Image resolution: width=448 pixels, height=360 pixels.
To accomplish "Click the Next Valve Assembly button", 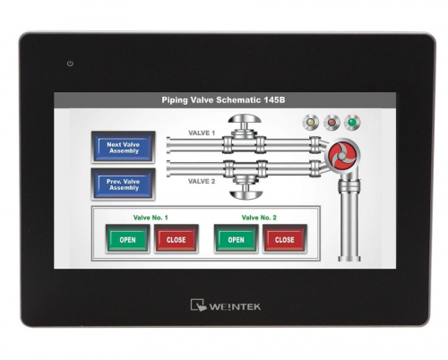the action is tap(123, 147).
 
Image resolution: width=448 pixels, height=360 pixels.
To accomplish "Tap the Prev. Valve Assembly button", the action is tap(123, 184).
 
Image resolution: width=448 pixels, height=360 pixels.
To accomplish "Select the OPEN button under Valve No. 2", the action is tap(236, 239).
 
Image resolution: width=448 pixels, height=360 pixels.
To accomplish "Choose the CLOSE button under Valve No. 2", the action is tap(285, 239).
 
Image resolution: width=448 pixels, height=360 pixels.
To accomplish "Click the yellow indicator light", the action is tap(311, 122).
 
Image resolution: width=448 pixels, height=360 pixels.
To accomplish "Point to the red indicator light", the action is tap(332, 122).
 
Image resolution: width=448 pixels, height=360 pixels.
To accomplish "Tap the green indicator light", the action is tap(352, 122).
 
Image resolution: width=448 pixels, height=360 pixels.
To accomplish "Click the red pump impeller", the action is tap(342, 155).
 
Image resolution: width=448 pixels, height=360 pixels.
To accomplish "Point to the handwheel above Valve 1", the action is tap(245, 118).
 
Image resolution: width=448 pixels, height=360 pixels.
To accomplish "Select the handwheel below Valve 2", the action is tap(246, 194).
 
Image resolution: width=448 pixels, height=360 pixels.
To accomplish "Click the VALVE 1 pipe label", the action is tap(202, 133).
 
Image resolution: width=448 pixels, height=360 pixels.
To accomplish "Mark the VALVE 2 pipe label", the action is tap(202, 181).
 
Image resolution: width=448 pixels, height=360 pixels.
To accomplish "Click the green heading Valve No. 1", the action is tap(151, 218).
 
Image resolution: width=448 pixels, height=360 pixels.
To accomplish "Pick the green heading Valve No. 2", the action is tap(259, 218).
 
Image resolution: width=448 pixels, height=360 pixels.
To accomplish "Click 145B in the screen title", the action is tap(274, 99).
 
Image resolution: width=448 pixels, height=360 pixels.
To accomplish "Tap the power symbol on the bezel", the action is tap(70, 64).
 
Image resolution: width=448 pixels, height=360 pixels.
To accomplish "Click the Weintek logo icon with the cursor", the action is tap(198, 305).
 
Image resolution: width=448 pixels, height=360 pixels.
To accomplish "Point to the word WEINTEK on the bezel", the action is tap(235, 307).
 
